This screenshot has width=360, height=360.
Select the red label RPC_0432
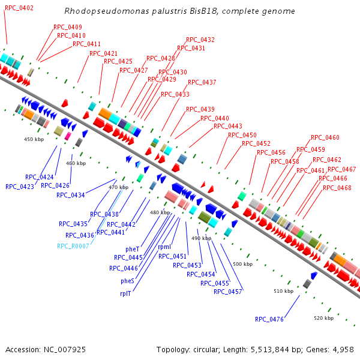pyautogui.click(x=200, y=40)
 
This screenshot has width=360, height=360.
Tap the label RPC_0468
pyautogui.click(x=337, y=188)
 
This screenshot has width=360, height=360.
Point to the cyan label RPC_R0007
pyautogui.click(x=73, y=246)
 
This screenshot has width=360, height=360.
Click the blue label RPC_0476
pyautogui.click(x=269, y=319)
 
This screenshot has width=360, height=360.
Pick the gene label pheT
pyautogui.click(x=132, y=249)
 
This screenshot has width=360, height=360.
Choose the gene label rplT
pyautogui.click(x=125, y=293)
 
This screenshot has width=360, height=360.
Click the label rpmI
pyautogui.click(x=164, y=247)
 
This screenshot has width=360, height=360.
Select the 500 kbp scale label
pyautogui.click(x=242, y=264)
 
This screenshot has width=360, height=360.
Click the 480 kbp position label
pyautogui.click(x=160, y=212)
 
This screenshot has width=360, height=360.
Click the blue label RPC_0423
pyautogui.click(x=20, y=187)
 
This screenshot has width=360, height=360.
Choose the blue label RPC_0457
pyautogui.click(x=227, y=292)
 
